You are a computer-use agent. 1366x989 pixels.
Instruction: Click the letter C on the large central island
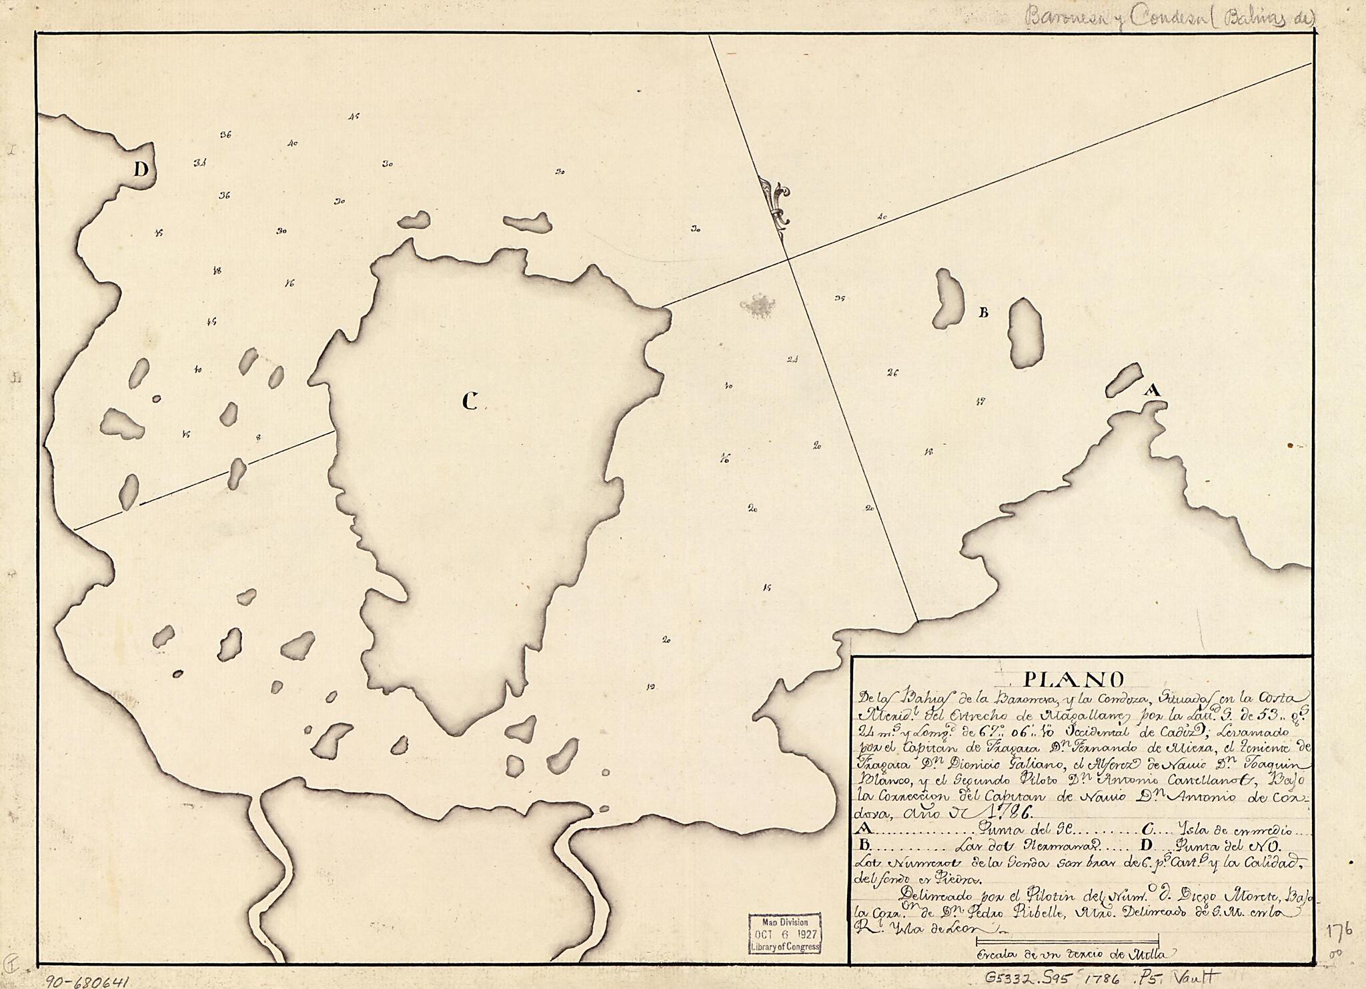click(x=470, y=401)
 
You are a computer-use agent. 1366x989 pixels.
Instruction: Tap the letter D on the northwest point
click(x=140, y=170)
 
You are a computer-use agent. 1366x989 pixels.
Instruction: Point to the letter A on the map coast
click(x=1153, y=391)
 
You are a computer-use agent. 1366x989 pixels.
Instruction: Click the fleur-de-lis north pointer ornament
click(x=776, y=203)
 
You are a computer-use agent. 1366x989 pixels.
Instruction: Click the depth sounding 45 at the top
click(x=354, y=116)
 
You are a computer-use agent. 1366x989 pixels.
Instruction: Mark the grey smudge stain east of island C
click(x=758, y=305)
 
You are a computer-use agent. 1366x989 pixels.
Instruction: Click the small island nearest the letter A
click(x=1124, y=380)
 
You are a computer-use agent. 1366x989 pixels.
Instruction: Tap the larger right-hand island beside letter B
click(x=1025, y=331)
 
